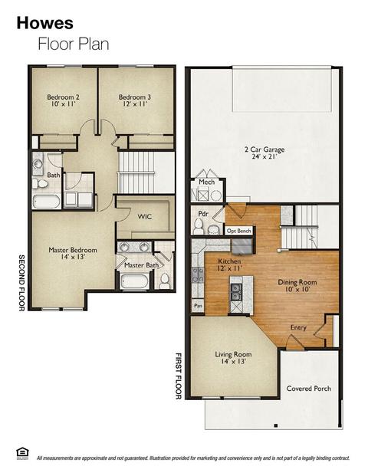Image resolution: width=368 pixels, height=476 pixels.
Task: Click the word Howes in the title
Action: pyautogui.click(x=45, y=23)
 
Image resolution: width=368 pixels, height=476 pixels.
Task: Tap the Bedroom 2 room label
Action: pyautogui.click(x=63, y=97)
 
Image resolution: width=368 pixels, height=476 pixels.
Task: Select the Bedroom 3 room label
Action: pyautogui.click(x=134, y=97)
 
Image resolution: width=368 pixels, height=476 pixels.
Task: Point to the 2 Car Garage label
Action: pyautogui.click(x=264, y=149)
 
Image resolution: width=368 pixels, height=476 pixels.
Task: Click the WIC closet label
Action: pyautogui.click(x=145, y=217)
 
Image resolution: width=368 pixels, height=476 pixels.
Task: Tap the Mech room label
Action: pyautogui.click(x=206, y=182)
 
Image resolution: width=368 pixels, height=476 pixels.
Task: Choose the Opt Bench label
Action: pyautogui.click(x=239, y=231)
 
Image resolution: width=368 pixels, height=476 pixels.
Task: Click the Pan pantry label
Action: pyautogui.click(x=198, y=306)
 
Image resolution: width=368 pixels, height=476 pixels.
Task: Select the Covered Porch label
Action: pyautogui.click(x=309, y=389)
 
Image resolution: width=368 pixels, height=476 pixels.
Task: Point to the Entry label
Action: pyautogui.click(x=298, y=327)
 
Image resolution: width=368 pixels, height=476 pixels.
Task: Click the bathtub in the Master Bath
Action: pyautogui.click(x=134, y=281)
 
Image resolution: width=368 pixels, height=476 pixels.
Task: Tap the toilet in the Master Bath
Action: pyautogui.click(x=165, y=281)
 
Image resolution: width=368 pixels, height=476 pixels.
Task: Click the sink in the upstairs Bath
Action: pyautogui.click(x=38, y=164)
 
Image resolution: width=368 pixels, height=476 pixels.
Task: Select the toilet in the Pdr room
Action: pyautogui.click(x=199, y=226)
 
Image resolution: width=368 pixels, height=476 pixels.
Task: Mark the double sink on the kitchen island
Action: pyautogui.click(x=235, y=292)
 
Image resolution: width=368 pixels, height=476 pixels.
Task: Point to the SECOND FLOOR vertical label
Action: pyautogui.click(x=21, y=283)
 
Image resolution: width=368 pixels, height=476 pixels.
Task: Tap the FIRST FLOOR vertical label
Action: pyautogui.click(x=179, y=376)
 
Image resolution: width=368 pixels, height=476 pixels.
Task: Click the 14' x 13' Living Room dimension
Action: pyautogui.click(x=233, y=362)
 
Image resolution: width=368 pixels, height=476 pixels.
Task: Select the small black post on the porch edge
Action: pyautogui.click(x=276, y=425)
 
